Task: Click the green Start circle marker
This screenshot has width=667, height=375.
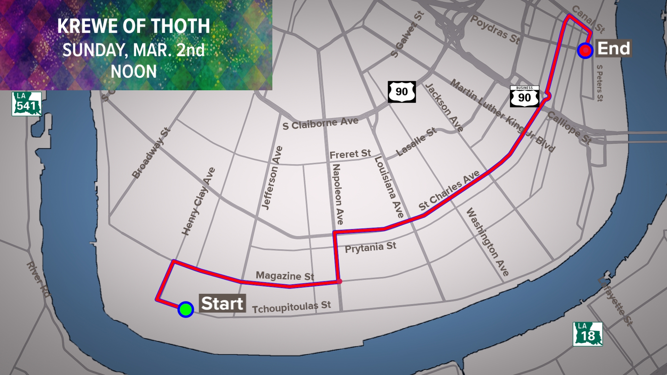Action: click(186, 309)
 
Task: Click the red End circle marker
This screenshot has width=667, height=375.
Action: click(585, 50)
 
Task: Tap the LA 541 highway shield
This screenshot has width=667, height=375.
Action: click(26, 104)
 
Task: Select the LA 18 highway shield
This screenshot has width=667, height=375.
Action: click(588, 334)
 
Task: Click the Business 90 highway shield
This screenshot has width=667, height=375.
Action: click(524, 96)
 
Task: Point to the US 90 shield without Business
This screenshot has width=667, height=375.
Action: click(402, 92)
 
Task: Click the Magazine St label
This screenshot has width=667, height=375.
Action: click(285, 276)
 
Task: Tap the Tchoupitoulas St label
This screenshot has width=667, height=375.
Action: click(291, 307)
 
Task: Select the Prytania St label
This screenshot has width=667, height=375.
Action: click(370, 248)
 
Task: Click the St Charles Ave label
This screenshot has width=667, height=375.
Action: click(449, 191)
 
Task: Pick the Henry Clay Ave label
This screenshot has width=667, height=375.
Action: click(198, 201)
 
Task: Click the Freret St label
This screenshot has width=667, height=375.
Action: click(350, 154)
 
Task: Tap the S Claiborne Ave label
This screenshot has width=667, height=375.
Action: click(320, 123)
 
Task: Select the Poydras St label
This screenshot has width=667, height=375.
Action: click(495, 30)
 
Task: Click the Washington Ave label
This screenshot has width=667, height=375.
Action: click(487, 242)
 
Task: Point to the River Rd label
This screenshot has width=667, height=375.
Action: click(39, 280)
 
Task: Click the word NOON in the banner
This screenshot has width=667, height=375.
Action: click(134, 72)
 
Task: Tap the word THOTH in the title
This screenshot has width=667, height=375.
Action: click(180, 26)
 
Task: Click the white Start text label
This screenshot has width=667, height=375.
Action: click(222, 303)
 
